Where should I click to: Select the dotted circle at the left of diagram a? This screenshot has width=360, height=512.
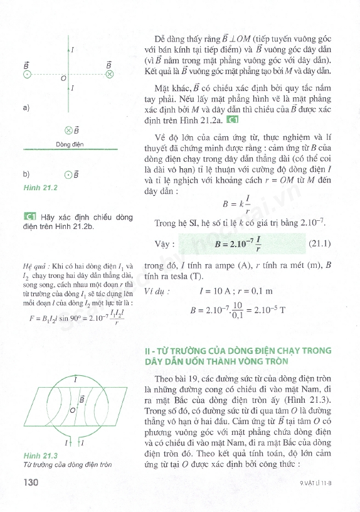(x=27, y=74)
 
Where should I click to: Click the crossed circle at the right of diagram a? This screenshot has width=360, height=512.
(x=110, y=74)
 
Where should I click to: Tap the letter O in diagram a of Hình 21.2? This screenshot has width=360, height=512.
(x=63, y=80)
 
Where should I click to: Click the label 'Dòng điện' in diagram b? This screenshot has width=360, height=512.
(x=70, y=144)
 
